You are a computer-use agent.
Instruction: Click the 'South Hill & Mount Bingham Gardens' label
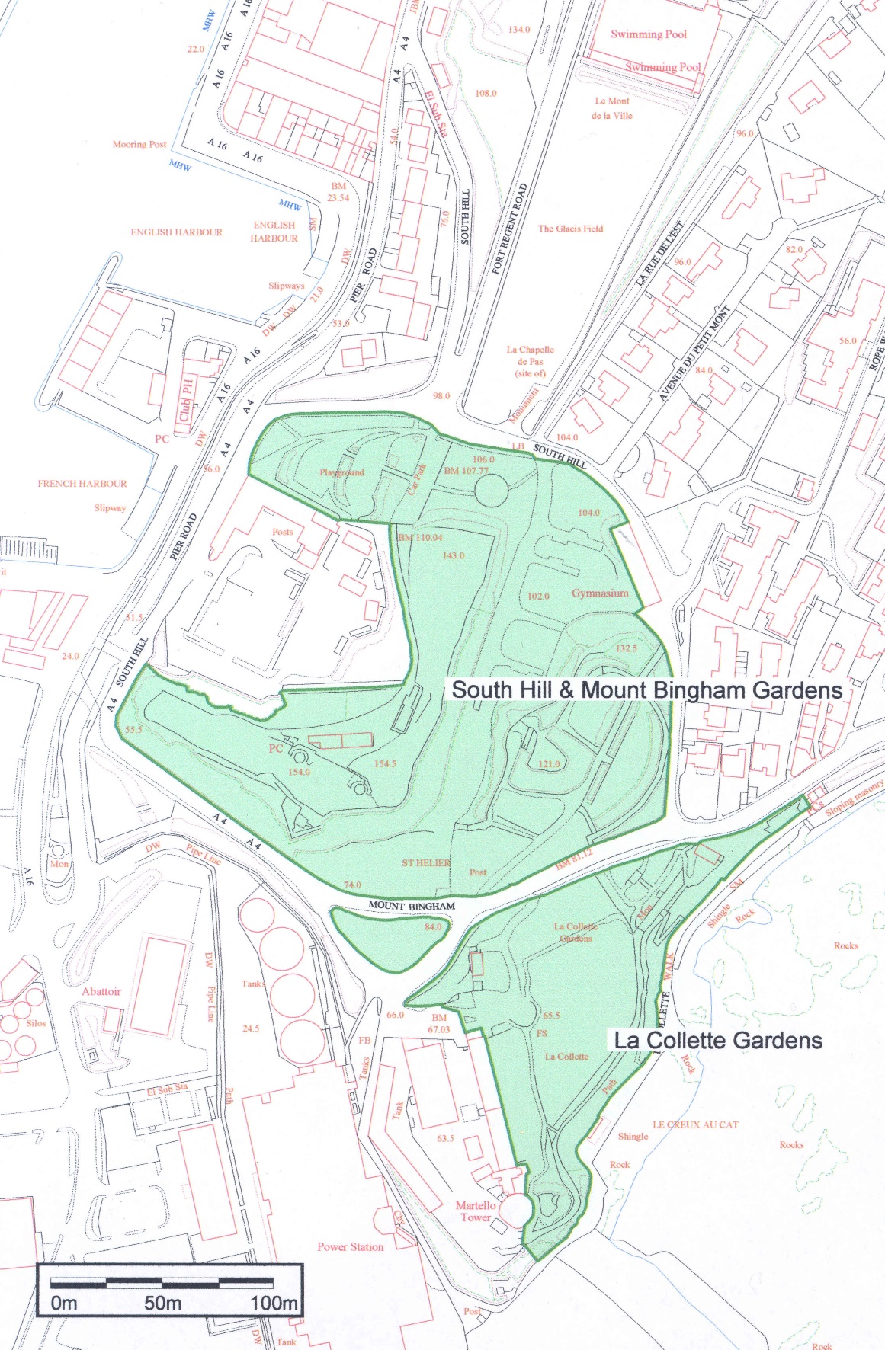pos(646,690)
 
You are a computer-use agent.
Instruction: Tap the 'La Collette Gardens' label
pos(718,1041)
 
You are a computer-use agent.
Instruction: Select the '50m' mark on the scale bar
pos(162,1304)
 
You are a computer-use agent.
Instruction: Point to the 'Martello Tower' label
pos(476,1211)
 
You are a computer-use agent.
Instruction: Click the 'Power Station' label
pos(350,1247)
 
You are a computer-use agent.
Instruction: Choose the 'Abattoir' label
pos(101,991)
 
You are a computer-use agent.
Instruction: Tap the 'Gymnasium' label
pos(600,593)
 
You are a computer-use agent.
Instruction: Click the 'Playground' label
pos(341,472)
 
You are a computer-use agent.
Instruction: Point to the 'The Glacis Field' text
pos(570,229)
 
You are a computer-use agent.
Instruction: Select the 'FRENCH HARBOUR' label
pos(82,484)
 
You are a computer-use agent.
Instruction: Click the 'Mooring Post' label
pos(139,144)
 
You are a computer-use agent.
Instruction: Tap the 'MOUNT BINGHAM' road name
pos(412,906)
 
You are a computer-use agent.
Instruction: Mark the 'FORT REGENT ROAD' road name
pos(510,229)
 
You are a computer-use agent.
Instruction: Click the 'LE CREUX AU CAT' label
pos(695,1124)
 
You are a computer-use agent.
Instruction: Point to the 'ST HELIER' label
pos(426,863)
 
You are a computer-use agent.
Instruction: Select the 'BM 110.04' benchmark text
pos(420,537)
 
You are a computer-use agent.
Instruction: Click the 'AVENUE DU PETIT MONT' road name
pos(694,353)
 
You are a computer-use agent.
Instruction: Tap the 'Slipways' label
pos(286,286)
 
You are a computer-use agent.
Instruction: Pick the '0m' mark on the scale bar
pos(64,1304)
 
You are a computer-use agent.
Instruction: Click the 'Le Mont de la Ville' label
pos(612,108)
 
